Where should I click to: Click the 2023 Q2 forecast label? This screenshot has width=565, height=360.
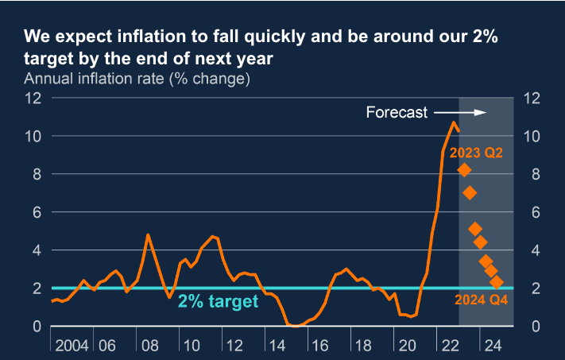[x=477, y=152]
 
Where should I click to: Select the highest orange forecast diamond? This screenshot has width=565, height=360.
[x=464, y=169]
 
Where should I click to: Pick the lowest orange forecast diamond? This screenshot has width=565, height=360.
[x=497, y=282]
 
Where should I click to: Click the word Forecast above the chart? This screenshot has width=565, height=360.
[x=397, y=112]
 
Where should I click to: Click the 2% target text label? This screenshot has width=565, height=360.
[x=218, y=301]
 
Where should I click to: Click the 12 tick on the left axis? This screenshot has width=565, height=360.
[x=33, y=99]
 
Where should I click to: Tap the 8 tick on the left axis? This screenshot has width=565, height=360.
[x=37, y=174]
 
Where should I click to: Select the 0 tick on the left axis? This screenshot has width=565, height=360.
[x=37, y=326]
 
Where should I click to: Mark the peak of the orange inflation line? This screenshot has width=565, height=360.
[x=454, y=122]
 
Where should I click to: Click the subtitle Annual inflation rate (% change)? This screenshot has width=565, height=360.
[x=137, y=79]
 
